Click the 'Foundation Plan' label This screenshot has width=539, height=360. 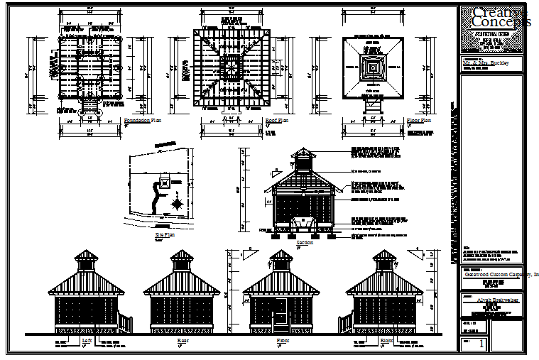click(143, 121)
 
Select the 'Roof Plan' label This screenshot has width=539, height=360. click(276, 121)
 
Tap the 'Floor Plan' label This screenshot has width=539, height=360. click(419, 121)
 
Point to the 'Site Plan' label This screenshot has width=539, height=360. click(164, 234)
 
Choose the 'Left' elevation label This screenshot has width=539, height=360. click(87, 341)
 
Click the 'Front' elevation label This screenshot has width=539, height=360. click(283, 341)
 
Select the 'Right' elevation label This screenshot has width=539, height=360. click(386, 341)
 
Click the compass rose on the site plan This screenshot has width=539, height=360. click(177, 204)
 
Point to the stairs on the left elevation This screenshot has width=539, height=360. click(124, 323)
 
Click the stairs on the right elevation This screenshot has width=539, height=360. click(348, 323)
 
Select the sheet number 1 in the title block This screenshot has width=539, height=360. click(483, 344)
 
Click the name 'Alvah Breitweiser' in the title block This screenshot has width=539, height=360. click(491, 301)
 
